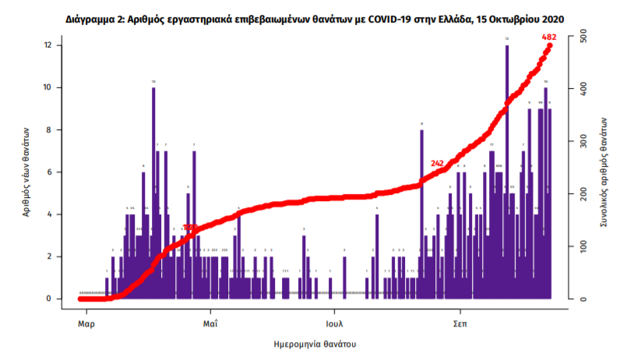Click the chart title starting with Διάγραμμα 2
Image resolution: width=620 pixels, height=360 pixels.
pyautogui.click(x=310, y=17)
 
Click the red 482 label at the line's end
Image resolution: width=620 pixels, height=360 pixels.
pyautogui.click(x=548, y=37)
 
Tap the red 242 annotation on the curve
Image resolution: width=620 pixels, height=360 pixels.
pyautogui.click(x=437, y=163)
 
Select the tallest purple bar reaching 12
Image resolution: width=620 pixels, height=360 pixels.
pyautogui.click(x=507, y=171)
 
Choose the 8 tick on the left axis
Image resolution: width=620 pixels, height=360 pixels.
pyautogui.click(x=48, y=129)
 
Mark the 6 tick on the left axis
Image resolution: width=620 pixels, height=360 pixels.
pyautogui.click(x=48, y=172)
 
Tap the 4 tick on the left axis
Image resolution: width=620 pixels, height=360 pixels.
pyautogui.click(x=48, y=214)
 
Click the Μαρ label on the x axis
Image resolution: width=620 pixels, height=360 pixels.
pyautogui.click(x=86, y=321)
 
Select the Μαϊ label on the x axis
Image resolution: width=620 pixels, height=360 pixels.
pyautogui.click(x=210, y=321)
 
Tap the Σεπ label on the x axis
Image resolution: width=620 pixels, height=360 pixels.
pyautogui.click(x=460, y=321)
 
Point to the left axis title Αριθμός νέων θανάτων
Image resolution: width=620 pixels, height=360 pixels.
pyautogui.click(x=25, y=171)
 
